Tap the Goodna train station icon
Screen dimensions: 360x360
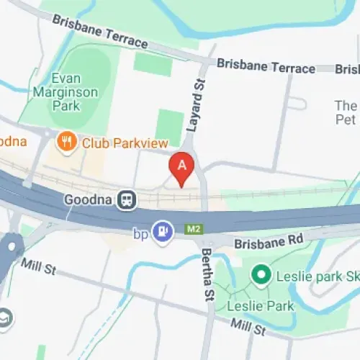pos(127,199)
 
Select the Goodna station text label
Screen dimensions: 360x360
pos(90,199)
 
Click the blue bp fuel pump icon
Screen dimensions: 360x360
pos(165,232)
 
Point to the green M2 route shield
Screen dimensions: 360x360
pos(193,229)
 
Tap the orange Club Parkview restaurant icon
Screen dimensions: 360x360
pos(68,142)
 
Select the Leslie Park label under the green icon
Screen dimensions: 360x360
pos(270,306)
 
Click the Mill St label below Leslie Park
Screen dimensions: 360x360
pos(248,328)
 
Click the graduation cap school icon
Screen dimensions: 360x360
pos(4,317)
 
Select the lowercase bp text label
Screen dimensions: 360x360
pos(140,233)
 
